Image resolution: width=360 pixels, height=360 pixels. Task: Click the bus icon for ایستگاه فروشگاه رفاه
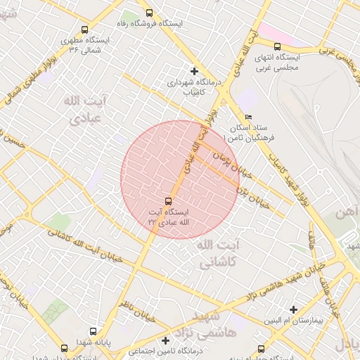point(148,13)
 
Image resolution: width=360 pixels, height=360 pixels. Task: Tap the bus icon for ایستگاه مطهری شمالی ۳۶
point(84,30)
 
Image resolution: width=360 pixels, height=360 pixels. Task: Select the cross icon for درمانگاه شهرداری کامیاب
point(194,71)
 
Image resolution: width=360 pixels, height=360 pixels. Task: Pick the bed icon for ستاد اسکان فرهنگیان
point(247,117)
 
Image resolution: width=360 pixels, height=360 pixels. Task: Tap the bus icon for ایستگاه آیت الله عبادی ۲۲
point(168,200)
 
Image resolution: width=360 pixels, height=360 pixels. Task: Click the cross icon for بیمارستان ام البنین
point(293,309)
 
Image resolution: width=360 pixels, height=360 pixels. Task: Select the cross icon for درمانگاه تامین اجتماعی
point(166,340)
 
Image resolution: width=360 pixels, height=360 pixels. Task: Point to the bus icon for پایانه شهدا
point(93,332)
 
